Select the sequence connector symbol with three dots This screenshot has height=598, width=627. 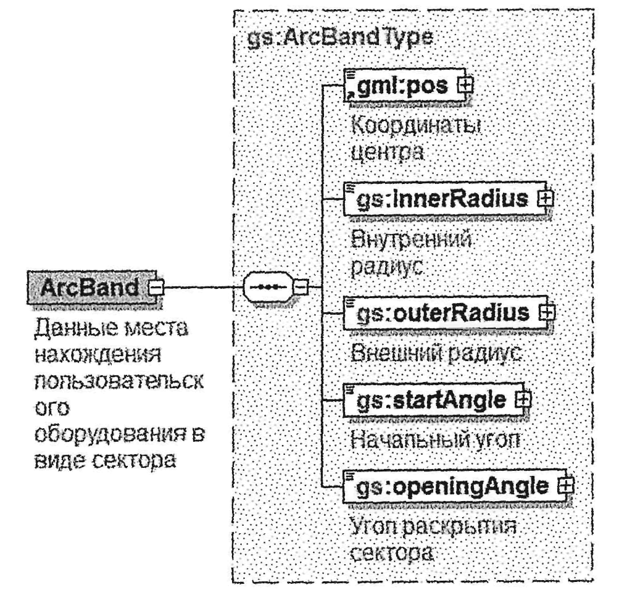point(267,287)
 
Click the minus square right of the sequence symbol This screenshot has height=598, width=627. point(301,287)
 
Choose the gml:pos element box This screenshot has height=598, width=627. point(401,86)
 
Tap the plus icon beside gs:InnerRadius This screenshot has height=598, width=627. point(544,199)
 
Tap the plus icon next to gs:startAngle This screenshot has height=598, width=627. point(523,399)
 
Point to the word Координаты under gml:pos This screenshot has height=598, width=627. point(415,125)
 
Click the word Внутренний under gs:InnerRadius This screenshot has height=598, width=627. point(411,238)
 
